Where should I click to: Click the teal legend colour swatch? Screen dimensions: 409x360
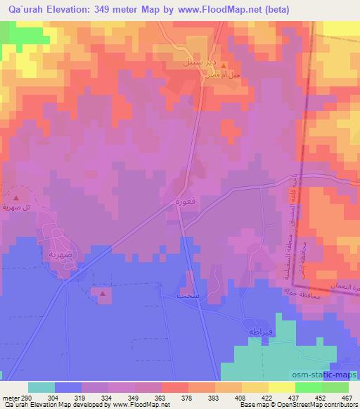[41, 387]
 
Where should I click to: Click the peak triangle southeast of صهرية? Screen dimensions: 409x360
[103, 293]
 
